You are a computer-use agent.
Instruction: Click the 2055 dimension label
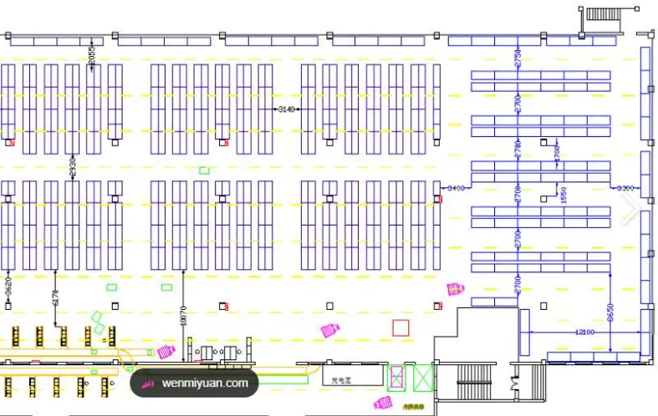(92, 56)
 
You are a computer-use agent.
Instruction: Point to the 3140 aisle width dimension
(287, 109)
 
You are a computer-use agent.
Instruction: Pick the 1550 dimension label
(563, 195)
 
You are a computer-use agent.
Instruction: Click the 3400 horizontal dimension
(456, 188)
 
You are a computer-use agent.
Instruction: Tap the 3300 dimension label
(625, 188)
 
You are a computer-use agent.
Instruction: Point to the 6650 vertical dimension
(610, 314)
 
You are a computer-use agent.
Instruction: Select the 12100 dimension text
(584, 332)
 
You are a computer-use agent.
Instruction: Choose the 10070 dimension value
(182, 317)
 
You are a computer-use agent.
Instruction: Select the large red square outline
(400, 327)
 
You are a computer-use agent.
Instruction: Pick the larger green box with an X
(423, 377)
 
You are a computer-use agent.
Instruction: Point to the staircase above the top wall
(601, 13)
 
